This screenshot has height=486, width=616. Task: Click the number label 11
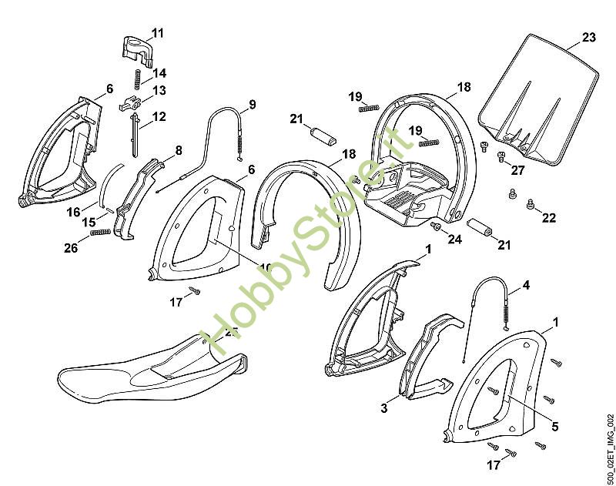point(157,33)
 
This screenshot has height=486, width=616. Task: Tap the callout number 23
point(589,37)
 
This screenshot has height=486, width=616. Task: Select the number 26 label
point(71,247)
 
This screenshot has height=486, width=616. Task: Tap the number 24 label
point(454,240)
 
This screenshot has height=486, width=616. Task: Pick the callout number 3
point(384,408)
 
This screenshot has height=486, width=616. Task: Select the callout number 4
point(526,285)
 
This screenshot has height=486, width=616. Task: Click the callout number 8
point(178,151)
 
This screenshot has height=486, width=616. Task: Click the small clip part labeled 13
point(131,102)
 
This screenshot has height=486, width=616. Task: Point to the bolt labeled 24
point(435,226)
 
